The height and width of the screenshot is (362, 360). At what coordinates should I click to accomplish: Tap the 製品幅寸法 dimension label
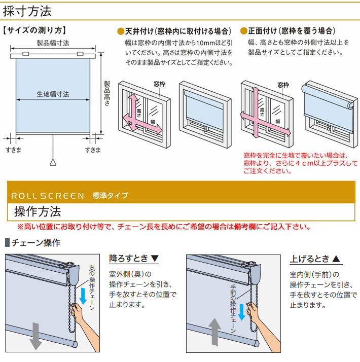53,44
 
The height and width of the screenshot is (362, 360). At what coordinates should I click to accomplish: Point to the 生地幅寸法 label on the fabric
53,94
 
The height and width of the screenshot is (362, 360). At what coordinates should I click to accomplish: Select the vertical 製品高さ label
107,93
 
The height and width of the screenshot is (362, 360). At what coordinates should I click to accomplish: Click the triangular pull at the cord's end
53,162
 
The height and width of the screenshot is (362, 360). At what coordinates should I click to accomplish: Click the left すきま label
13,150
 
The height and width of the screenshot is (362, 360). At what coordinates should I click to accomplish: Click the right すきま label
92,150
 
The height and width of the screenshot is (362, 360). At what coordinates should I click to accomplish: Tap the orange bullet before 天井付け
121,31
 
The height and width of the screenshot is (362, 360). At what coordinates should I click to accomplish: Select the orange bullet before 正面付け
243,31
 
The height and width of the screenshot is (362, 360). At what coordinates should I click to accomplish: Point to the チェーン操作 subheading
35,243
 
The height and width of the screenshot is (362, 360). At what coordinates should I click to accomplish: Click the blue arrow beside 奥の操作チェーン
83,297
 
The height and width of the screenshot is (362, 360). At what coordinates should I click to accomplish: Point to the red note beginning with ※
164,227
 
